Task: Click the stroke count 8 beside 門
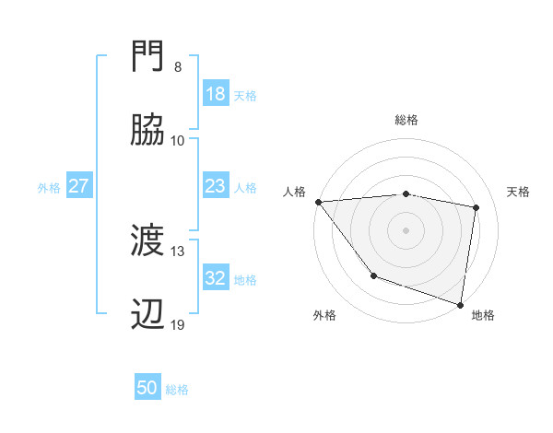tap(178, 67)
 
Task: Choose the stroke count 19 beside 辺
tap(177, 325)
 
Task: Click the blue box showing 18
tap(216, 94)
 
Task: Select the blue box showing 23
tap(216, 186)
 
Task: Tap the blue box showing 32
tap(216, 278)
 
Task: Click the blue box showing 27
tap(78, 186)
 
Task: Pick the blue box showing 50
tap(147, 389)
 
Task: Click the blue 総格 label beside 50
tap(177, 390)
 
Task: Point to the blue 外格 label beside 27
tap(49, 187)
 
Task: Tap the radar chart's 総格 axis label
tap(406, 120)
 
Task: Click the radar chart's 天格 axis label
tap(519, 192)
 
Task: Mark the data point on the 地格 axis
tap(461, 304)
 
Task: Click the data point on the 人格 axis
tap(318, 202)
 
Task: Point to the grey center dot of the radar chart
tap(406, 229)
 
